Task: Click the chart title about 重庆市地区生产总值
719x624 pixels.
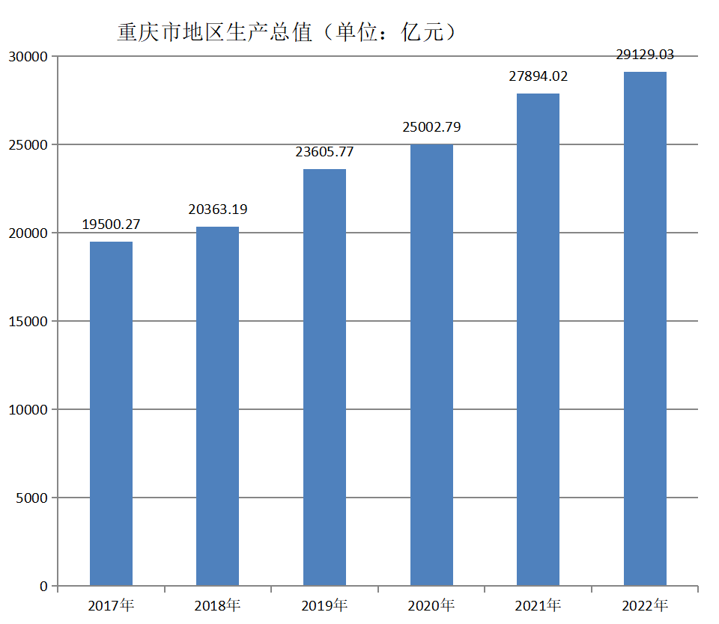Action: click(x=287, y=33)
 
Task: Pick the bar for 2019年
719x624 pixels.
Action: click(x=324, y=377)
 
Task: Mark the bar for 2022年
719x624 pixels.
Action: click(x=645, y=328)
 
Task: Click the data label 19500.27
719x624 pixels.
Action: click(x=111, y=224)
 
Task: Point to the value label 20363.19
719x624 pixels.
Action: click(x=217, y=209)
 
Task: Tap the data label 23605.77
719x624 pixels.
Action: click(x=324, y=152)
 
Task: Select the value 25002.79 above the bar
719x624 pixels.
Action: click(x=431, y=127)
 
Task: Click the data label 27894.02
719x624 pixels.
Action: click(x=538, y=76)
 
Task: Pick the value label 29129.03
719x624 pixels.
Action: click(x=645, y=55)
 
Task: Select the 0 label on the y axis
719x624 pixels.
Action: click(x=44, y=587)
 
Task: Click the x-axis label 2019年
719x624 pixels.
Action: click(x=324, y=605)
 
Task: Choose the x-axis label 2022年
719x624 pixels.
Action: click(x=645, y=605)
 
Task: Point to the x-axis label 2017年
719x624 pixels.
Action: click(x=111, y=605)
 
